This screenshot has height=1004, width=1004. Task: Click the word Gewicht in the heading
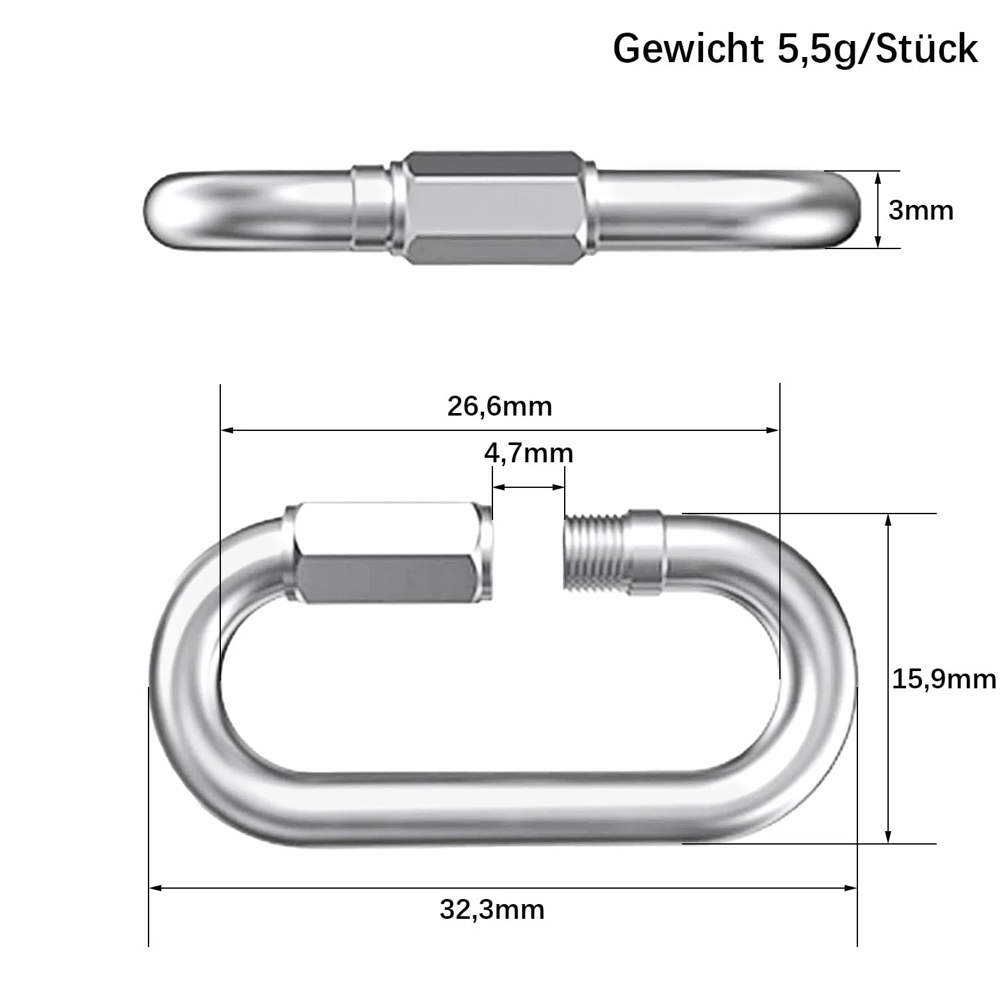pos(688,49)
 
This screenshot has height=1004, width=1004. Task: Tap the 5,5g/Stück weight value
pos(878,49)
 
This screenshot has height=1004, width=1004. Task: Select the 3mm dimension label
pos(921,210)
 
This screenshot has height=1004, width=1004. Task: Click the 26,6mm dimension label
pos(499,407)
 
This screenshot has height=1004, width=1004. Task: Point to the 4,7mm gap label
pos(528,453)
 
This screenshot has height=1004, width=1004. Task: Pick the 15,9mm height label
pos(944,679)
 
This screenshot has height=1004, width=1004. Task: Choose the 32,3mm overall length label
pos(492,909)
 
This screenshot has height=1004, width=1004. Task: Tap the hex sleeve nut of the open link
pos(389,552)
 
